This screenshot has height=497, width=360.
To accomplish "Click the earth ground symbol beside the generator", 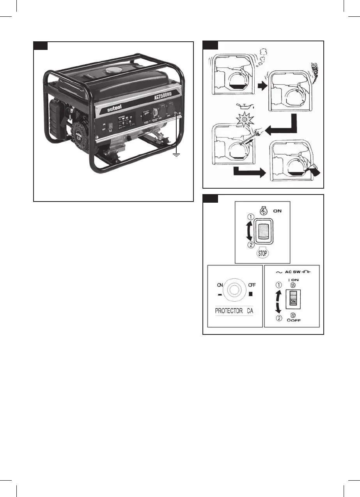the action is (x=178, y=156).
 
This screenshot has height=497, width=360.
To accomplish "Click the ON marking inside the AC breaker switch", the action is (x=293, y=302).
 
